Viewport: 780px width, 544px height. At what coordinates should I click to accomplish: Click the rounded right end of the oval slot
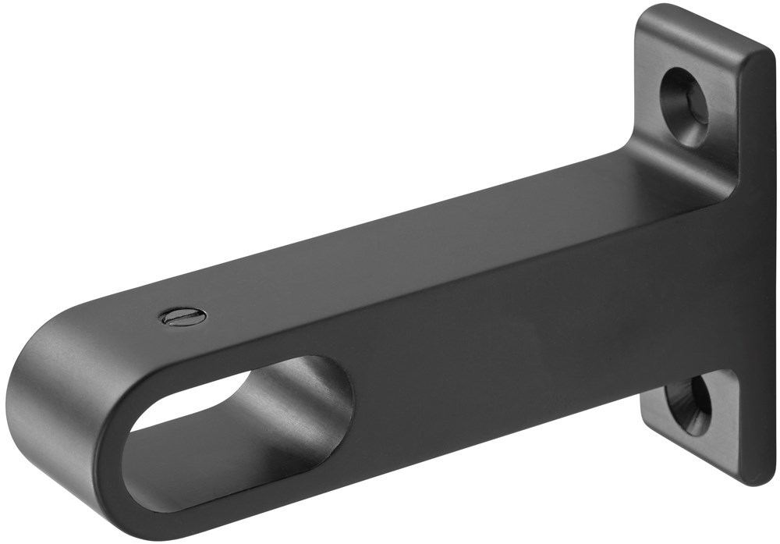[x=343, y=390]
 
